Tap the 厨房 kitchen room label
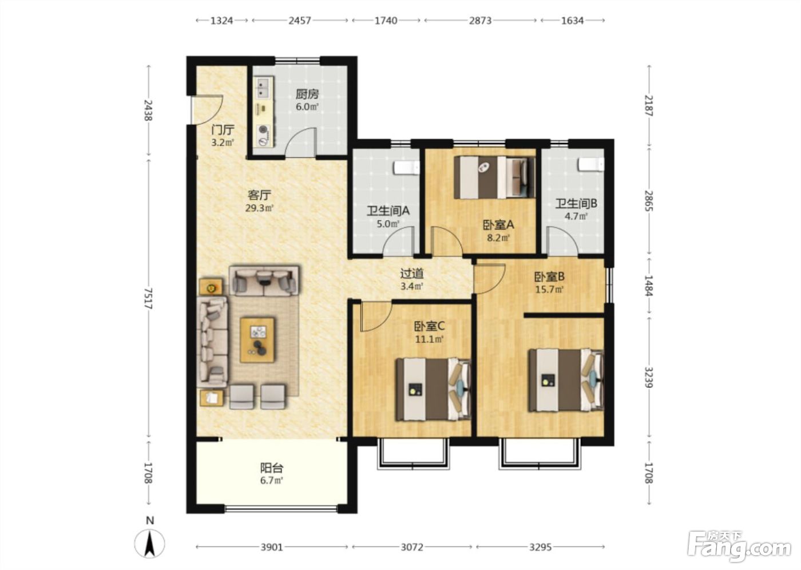tap(307, 94)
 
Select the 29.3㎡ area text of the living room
tap(260, 208)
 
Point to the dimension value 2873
tap(480, 21)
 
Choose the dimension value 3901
tap(272, 547)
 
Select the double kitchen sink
tap(264, 88)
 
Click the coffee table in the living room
tap(257, 340)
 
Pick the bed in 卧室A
tap(495, 177)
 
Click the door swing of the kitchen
tap(300, 142)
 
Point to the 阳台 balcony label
tap(272, 468)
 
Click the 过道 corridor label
tap(411, 274)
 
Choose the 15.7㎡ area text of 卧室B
tap(549, 289)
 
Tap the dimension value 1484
tap(649, 286)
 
